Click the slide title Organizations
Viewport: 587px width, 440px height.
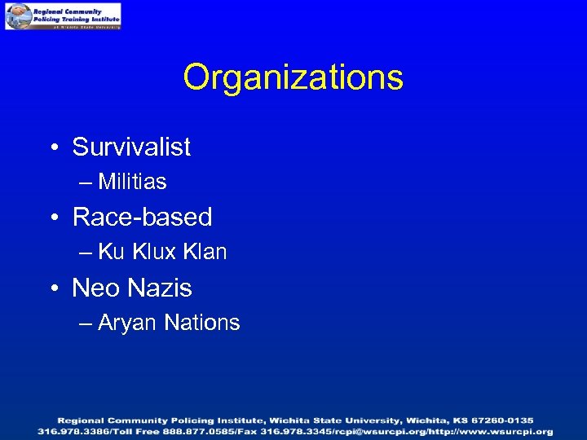(293, 78)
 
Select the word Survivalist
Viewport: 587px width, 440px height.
(131, 147)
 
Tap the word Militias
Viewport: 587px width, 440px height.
(132, 182)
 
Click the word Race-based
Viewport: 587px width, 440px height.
(142, 218)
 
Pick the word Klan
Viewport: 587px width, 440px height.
(205, 253)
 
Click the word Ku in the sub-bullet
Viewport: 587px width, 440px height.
(111, 253)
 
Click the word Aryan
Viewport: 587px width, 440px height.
(128, 323)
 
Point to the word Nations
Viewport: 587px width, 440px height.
(201, 323)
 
